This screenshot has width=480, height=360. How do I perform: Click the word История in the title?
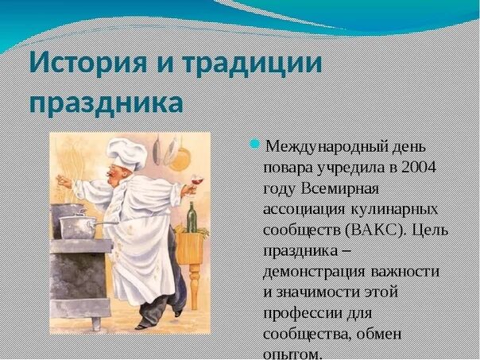click(87, 64)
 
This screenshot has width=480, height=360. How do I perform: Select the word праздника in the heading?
click(106, 103)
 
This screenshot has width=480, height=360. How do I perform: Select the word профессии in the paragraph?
click(301, 313)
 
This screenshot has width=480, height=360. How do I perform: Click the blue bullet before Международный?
click(256, 144)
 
